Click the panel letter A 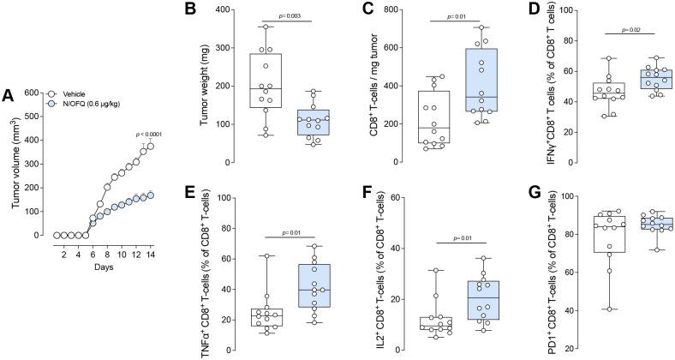pyautogui.click(x=8, y=96)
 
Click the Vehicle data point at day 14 pyautogui.click(x=150, y=146)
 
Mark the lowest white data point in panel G pyautogui.click(x=584, y=309)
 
